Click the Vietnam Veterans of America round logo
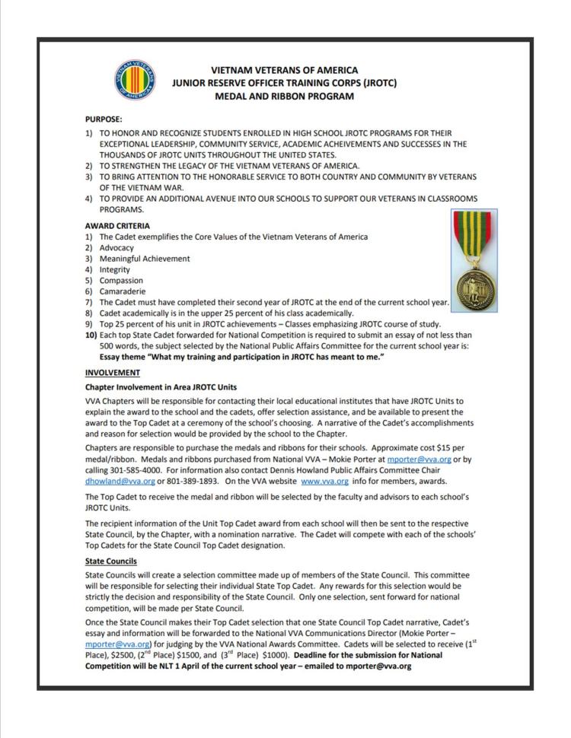coord(134,81)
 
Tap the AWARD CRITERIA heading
coord(117,226)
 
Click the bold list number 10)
coord(90,336)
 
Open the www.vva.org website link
coord(326,482)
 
